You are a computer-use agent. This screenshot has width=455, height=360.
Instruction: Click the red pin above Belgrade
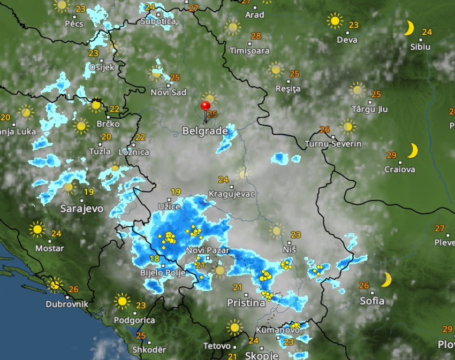pos(205,105)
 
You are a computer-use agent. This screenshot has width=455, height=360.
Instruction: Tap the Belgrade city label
pos(204,131)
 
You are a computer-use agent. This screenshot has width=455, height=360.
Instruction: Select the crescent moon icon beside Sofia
pos(386,279)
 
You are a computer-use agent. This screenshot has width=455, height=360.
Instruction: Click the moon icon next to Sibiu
pos(409,28)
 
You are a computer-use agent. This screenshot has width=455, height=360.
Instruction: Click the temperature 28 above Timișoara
pos(256,36)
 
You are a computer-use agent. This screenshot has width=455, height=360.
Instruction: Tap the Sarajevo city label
pos(82,208)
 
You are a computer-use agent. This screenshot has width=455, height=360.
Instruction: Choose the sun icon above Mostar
pos(37,229)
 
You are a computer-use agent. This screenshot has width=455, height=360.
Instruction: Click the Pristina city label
pos(246,303)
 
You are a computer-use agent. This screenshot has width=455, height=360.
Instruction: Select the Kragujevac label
pos(232,194)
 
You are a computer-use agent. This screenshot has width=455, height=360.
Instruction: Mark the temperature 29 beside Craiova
pos(391,155)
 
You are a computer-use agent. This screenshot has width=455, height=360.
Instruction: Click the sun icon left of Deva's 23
pos(335,21)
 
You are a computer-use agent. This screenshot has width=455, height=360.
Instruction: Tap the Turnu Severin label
pos(333,144)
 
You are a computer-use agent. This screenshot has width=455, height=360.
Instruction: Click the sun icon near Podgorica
pos(123,301)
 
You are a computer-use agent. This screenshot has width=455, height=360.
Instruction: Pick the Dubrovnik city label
pos(67,303)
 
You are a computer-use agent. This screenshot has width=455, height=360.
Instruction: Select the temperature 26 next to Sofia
pos(364,286)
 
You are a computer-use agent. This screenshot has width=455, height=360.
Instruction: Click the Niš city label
pos(289,249)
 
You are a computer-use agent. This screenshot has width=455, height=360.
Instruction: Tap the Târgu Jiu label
pos(369,109)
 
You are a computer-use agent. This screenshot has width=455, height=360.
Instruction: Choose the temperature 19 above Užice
pos(176,192)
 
